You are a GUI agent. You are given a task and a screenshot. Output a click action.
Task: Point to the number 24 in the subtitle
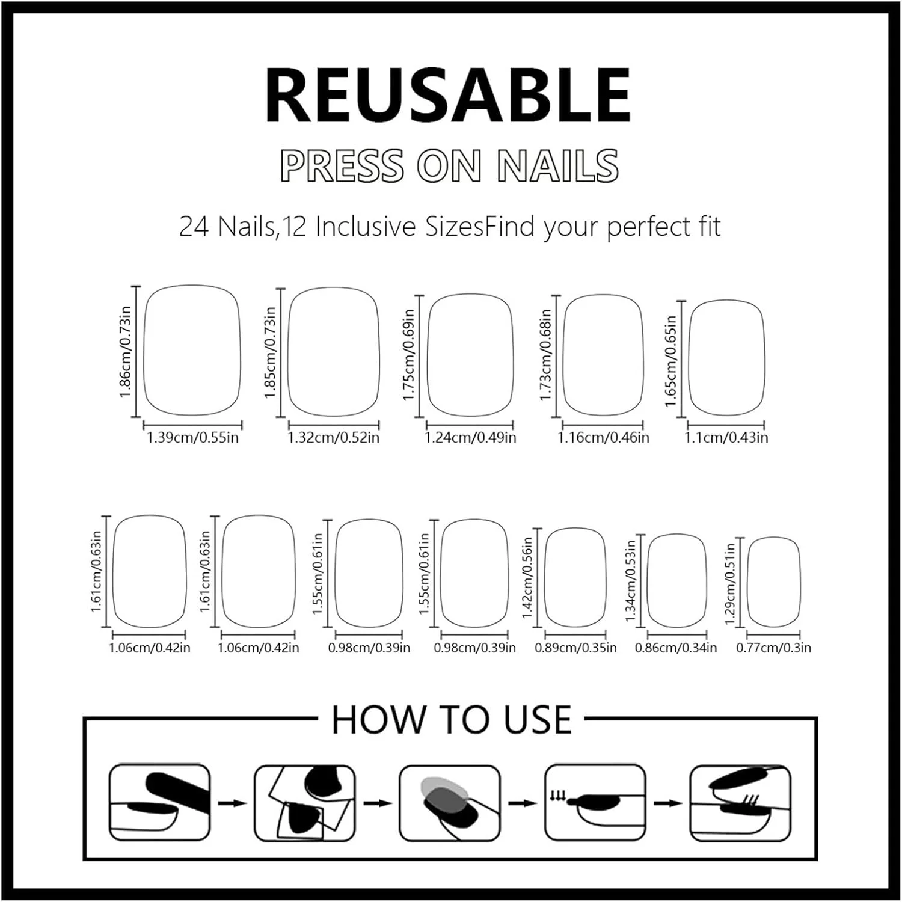[194, 227]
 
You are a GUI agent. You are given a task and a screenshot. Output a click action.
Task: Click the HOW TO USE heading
[451, 719]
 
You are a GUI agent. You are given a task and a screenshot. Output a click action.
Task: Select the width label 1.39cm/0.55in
[192, 437]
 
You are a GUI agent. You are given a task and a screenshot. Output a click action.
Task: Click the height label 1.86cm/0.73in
[125, 352]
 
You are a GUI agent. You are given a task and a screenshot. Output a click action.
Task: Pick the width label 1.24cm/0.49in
[470, 437]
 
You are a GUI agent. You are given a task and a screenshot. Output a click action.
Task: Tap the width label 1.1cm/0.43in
[726, 437]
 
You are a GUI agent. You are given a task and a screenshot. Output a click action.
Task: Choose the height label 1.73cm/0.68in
[545, 355]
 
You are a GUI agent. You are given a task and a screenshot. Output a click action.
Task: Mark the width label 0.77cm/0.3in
[773, 648]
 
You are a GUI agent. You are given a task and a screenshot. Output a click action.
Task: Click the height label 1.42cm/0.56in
[527, 578]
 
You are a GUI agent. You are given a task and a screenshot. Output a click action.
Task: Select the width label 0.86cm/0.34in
[676, 648]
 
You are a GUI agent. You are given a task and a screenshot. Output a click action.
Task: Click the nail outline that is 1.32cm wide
[288, 352]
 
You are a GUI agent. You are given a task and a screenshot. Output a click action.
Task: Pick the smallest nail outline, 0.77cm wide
[747, 582]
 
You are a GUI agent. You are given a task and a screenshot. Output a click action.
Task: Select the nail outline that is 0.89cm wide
[545, 577]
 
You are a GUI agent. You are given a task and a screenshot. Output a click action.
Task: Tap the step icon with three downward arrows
[595, 803]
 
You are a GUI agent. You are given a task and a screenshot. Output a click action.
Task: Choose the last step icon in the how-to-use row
[740, 803]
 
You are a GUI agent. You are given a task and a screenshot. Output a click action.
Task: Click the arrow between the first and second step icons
[232, 803]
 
